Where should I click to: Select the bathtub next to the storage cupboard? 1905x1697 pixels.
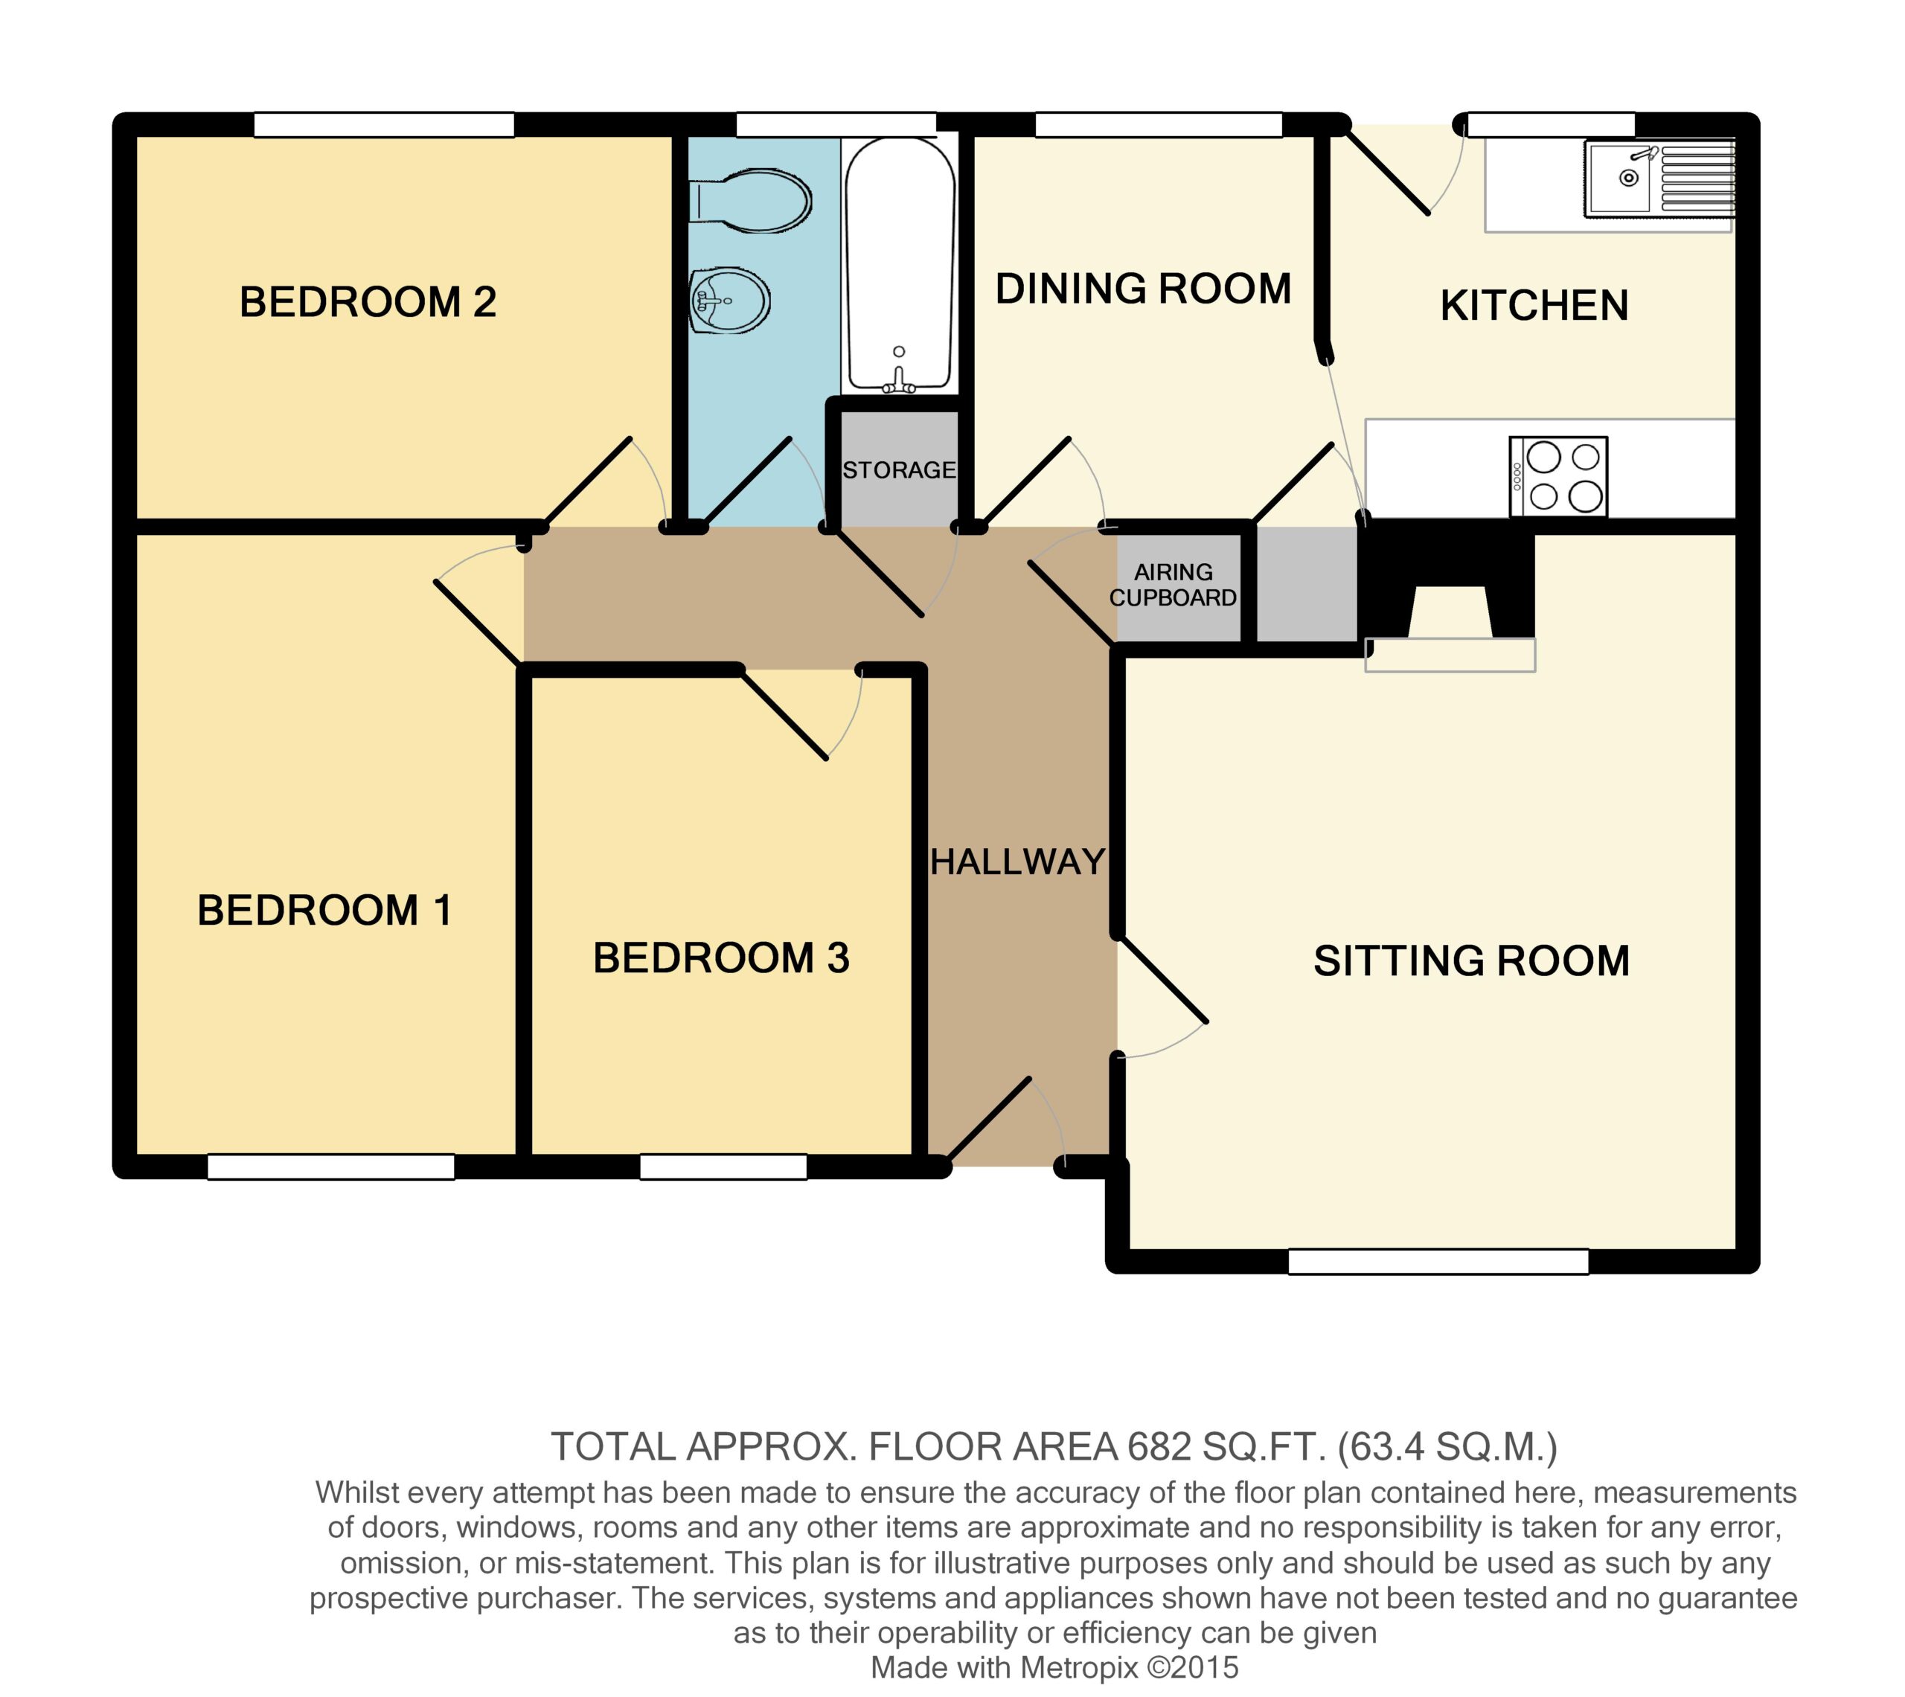[x=899, y=265]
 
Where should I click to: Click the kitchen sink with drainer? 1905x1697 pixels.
[x=1659, y=179]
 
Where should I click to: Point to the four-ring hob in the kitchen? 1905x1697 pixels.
[x=1558, y=476]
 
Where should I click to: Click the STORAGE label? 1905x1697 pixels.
[x=899, y=470]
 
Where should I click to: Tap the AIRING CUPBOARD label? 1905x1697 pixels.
[x=1173, y=585]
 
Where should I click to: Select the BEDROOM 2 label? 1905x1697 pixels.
[x=368, y=302]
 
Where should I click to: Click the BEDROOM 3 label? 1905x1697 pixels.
[x=721, y=958]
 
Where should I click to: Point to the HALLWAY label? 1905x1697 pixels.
[x=1018, y=862]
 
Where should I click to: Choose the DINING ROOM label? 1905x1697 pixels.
[x=1143, y=289]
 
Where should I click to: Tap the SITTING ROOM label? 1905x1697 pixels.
[x=1471, y=961]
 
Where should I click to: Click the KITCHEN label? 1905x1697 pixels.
[x=1534, y=306]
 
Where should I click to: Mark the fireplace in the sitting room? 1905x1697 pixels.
[x=1449, y=601]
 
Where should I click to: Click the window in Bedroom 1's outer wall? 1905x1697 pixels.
[x=331, y=1167]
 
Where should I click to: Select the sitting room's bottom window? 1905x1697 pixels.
[x=1438, y=1262]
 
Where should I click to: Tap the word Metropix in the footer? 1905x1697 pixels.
[x=1080, y=1667]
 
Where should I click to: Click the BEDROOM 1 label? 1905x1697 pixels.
[x=324, y=911]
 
